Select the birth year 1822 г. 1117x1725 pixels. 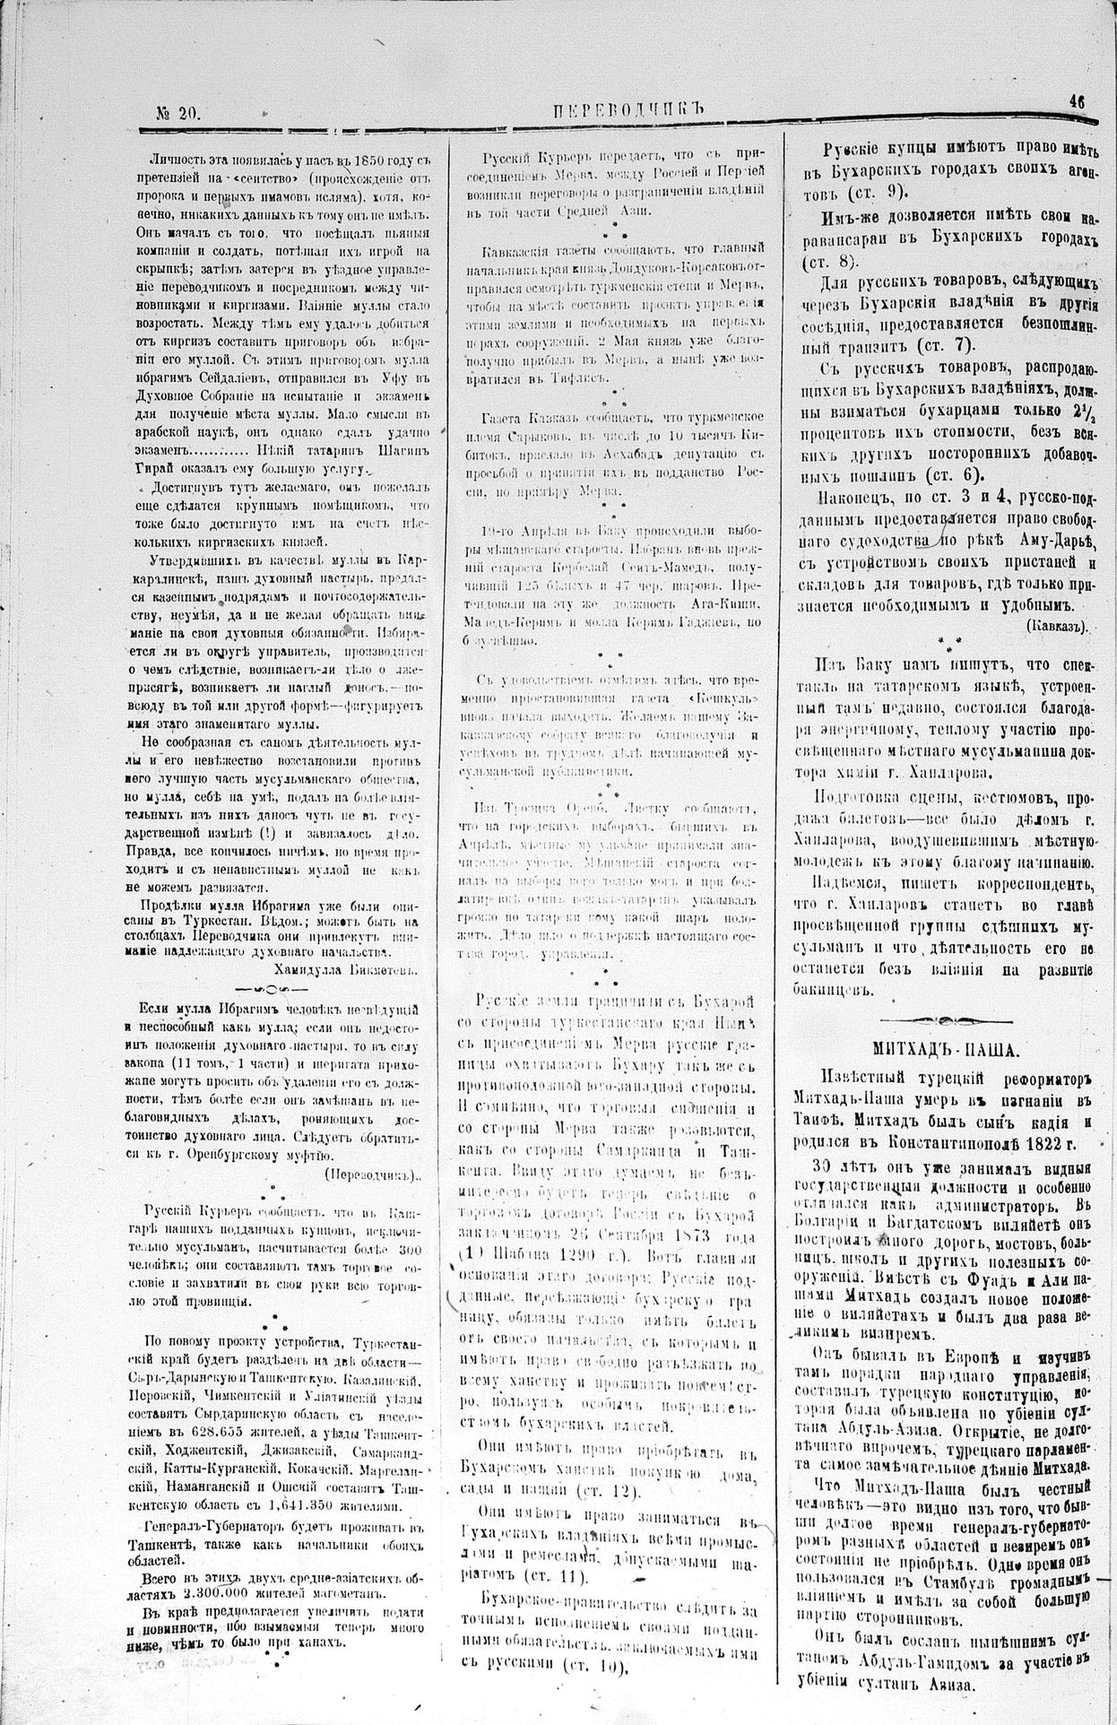pyautogui.click(x=1052, y=1146)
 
